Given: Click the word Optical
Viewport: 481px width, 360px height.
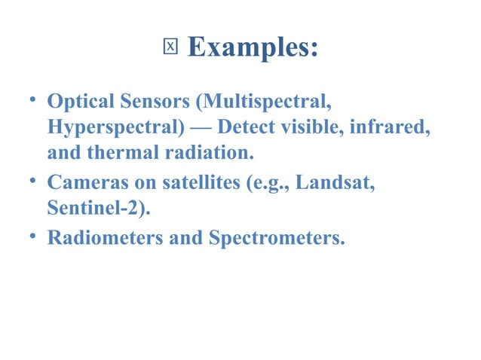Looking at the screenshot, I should click(79, 100).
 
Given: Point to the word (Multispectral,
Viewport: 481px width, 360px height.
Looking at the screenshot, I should click(262, 100).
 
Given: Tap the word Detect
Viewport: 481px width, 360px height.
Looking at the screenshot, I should click(262, 127).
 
